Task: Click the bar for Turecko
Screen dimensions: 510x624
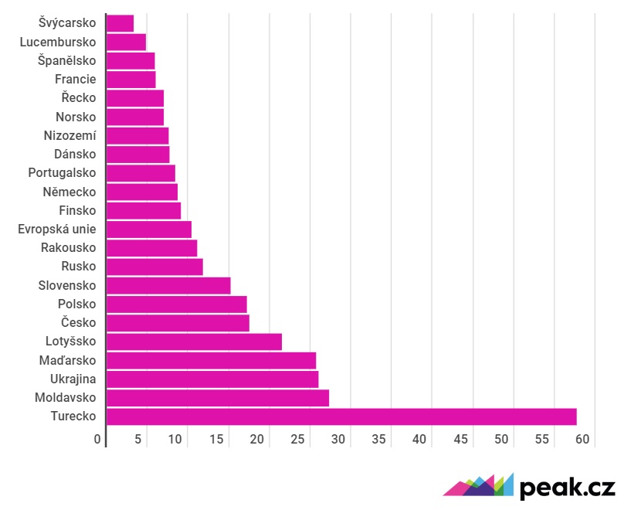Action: click(341, 416)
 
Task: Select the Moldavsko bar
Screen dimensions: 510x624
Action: click(217, 398)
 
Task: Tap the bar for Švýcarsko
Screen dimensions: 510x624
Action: click(120, 23)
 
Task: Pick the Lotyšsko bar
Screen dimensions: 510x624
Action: click(194, 342)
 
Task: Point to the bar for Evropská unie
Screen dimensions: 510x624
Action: click(148, 229)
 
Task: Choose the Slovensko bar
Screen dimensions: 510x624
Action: click(168, 285)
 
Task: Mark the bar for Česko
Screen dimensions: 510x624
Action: click(178, 323)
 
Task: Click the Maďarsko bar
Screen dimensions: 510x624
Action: click(211, 360)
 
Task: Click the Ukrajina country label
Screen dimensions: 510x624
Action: click(73, 379)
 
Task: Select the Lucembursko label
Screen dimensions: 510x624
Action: click(58, 42)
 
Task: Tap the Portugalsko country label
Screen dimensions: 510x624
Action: click(62, 172)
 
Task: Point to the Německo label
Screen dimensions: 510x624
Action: click(70, 192)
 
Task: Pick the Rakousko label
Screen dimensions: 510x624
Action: click(68, 247)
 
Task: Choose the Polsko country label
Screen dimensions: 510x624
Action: click(76, 304)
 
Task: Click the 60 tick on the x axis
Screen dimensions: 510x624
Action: click(582, 440)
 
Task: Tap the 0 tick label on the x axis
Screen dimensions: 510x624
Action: click(98, 440)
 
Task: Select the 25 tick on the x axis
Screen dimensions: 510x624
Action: click(297, 440)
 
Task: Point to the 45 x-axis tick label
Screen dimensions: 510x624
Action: click(461, 440)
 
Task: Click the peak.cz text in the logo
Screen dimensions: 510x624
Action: click(567, 488)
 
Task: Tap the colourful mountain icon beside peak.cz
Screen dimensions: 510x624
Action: click(478, 485)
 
